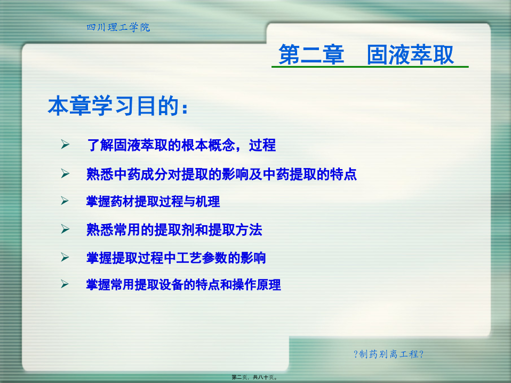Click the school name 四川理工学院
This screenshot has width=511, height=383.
point(118,27)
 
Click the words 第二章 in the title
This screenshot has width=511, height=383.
point(311,54)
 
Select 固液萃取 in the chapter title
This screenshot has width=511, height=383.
point(410,54)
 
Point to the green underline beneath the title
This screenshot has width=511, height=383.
point(370,67)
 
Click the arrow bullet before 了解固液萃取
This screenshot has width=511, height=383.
point(65,144)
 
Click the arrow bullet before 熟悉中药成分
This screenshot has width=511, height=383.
point(65,173)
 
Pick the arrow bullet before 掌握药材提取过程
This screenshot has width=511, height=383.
point(65,201)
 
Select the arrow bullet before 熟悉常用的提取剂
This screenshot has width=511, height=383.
point(65,229)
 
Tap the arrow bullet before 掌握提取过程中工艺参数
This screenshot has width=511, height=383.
point(65,258)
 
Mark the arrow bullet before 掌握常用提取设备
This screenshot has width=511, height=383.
point(65,284)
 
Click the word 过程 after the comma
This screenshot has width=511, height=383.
point(262,145)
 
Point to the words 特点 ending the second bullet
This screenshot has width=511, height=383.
point(343,174)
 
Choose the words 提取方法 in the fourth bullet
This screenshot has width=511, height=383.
point(235,230)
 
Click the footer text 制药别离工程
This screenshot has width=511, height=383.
point(388,354)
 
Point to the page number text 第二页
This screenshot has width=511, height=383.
point(239,377)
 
